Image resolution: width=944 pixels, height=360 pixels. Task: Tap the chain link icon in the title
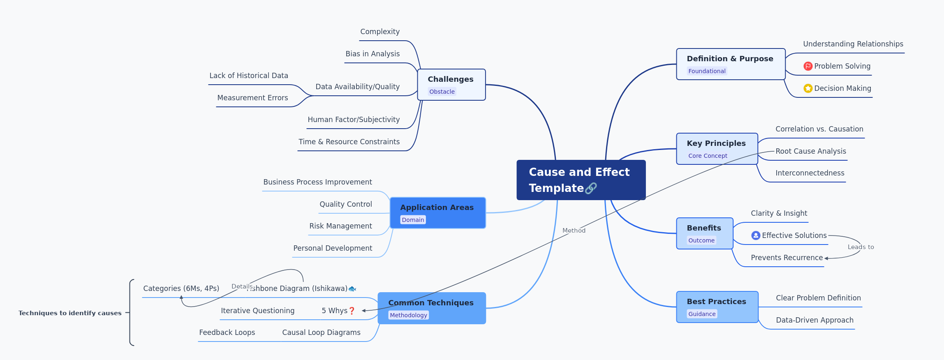pyautogui.click(x=591, y=188)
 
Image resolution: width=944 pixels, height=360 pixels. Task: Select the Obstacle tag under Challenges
pyautogui.click(x=442, y=92)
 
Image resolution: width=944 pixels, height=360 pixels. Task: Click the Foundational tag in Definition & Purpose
pyautogui.click(x=706, y=71)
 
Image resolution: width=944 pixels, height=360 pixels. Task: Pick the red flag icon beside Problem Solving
pyautogui.click(x=807, y=66)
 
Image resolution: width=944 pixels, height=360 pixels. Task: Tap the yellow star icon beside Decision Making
pyautogui.click(x=807, y=88)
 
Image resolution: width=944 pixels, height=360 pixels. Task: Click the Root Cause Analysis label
pyautogui.click(x=810, y=151)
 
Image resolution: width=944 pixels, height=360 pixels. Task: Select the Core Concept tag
pyautogui.click(x=707, y=156)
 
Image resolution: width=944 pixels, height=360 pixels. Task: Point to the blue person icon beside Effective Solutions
pyautogui.click(x=755, y=235)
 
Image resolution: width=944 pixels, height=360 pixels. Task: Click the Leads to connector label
pyautogui.click(x=861, y=247)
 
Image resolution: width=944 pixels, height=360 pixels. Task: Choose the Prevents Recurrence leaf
pyautogui.click(x=786, y=258)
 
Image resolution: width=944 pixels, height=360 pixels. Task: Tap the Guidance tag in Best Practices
pyautogui.click(x=701, y=314)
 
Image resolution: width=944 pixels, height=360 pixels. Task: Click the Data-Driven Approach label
pyautogui.click(x=814, y=320)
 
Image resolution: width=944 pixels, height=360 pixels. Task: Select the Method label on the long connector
pyautogui.click(x=574, y=231)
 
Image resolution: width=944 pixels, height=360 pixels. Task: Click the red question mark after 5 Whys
pyautogui.click(x=352, y=311)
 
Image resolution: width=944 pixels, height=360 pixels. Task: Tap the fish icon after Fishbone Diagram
pyautogui.click(x=352, y=289)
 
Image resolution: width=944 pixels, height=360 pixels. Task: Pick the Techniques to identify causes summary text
pyautogui.click(x=70, y=313)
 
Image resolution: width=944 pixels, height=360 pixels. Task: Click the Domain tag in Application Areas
pyautogui.click(x=412, y=220)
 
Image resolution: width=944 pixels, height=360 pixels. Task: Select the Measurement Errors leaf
pyautogui.click(x=252, y=98)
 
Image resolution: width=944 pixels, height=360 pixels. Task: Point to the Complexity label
pyautogui.click(x=379, y=32)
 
